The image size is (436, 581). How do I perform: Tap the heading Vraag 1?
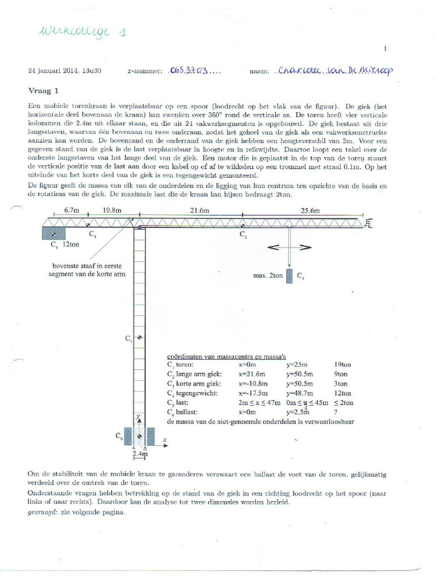[x=44, y=90]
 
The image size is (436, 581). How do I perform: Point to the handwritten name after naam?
[x=335, y=71]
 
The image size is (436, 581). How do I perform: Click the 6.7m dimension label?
[x=72, y=210]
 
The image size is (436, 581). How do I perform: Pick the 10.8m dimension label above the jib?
[x=111, y=210]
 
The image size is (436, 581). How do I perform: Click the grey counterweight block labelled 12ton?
[x=54, y=233]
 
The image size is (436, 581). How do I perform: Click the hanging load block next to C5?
[x=290, y=276]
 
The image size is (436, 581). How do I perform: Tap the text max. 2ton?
[x=267, y=276]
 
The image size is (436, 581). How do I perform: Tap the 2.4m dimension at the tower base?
[x=140, y=454]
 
